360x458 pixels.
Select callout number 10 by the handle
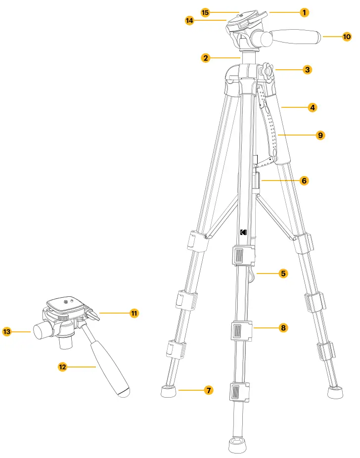[x=347, y=36]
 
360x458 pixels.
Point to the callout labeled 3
[x=307, y=70]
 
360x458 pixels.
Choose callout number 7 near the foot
[x=209, y=391]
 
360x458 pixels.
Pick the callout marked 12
[x=62, y=366]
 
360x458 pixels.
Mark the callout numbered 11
[x=134, y=313]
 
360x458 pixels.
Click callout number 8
[x=283, y=327]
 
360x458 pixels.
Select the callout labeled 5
[x=283, y=273]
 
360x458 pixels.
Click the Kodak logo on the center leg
[x=243, y=232]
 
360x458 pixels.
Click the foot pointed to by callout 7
[x=169, y=392]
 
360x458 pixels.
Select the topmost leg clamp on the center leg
[x=243, y=256]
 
